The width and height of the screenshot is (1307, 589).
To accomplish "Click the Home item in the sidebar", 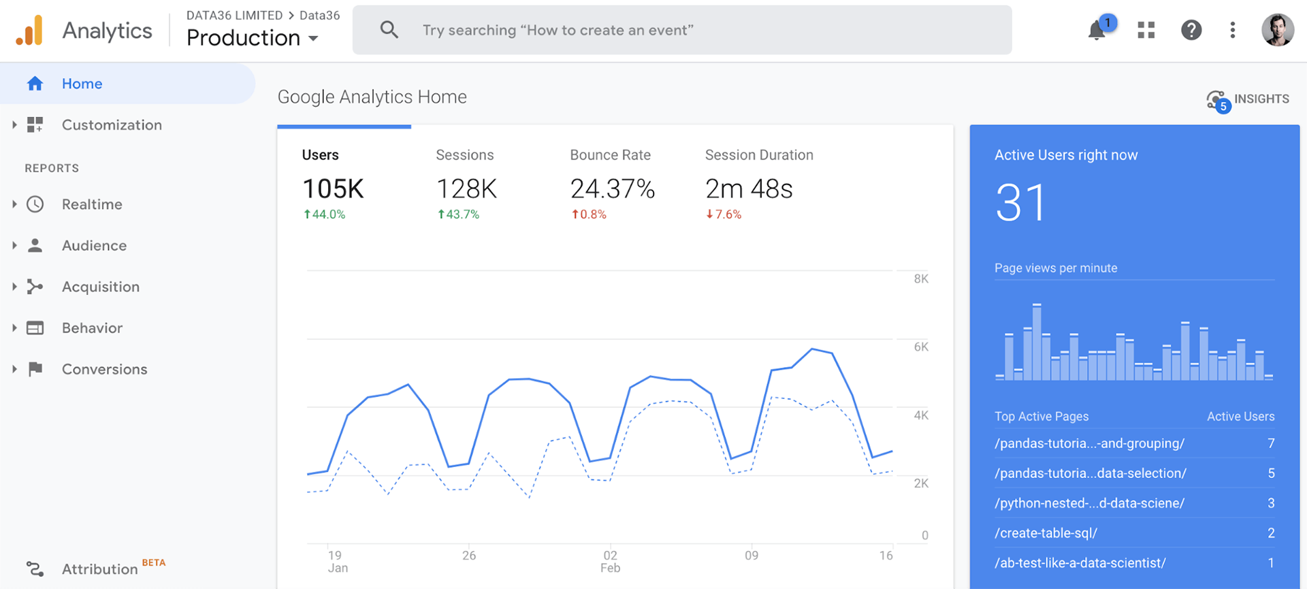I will pyautogui.click(x=82, y=84).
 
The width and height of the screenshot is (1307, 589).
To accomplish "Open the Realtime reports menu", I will pyautogui.click(x=92, y=204).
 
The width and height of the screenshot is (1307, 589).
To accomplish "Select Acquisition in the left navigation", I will pyautogui.click(x=100, y=287).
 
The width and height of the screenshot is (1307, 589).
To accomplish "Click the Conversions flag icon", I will pyautogui.click(x=35, y=369).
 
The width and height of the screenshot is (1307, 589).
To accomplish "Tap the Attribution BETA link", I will pyautogui.click(x=100, y=569).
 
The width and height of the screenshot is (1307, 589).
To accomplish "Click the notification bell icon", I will pyautogui.click(x=1096, y=31).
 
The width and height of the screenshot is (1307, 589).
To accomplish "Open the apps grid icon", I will pyautogui.click(x=1146, y=30).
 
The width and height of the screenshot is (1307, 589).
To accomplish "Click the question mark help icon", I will pyautogui.click(x=1191, y=30).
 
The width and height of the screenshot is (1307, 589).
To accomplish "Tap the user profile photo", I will pyautogui.click(x=1277, y=30).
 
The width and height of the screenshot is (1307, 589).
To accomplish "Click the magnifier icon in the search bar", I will pyautogui.click(x=389, y=30).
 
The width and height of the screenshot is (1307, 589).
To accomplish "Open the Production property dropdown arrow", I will pyautogui.click(x=313, y=39).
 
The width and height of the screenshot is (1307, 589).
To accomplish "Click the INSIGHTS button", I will pyautogui.click(x=1248, y=99).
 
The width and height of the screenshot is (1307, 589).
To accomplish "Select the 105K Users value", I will pyautogui.click(x=333, y=189).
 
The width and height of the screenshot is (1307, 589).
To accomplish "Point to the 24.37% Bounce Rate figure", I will pyautogui.click(x=612, y=189).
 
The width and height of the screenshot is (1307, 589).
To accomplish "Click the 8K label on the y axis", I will pyautogui.click(x=920, y=278).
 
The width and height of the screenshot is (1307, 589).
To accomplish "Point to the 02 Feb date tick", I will pyautogui.click(x=610, y=562).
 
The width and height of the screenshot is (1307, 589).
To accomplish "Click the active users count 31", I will pyautogui.click(x=1020, y=203).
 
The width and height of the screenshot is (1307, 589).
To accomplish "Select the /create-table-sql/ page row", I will pyautogui.click(x=1046, y=533).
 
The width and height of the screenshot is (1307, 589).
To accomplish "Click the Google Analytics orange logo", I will pyautogui.click(x=30, y=31).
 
